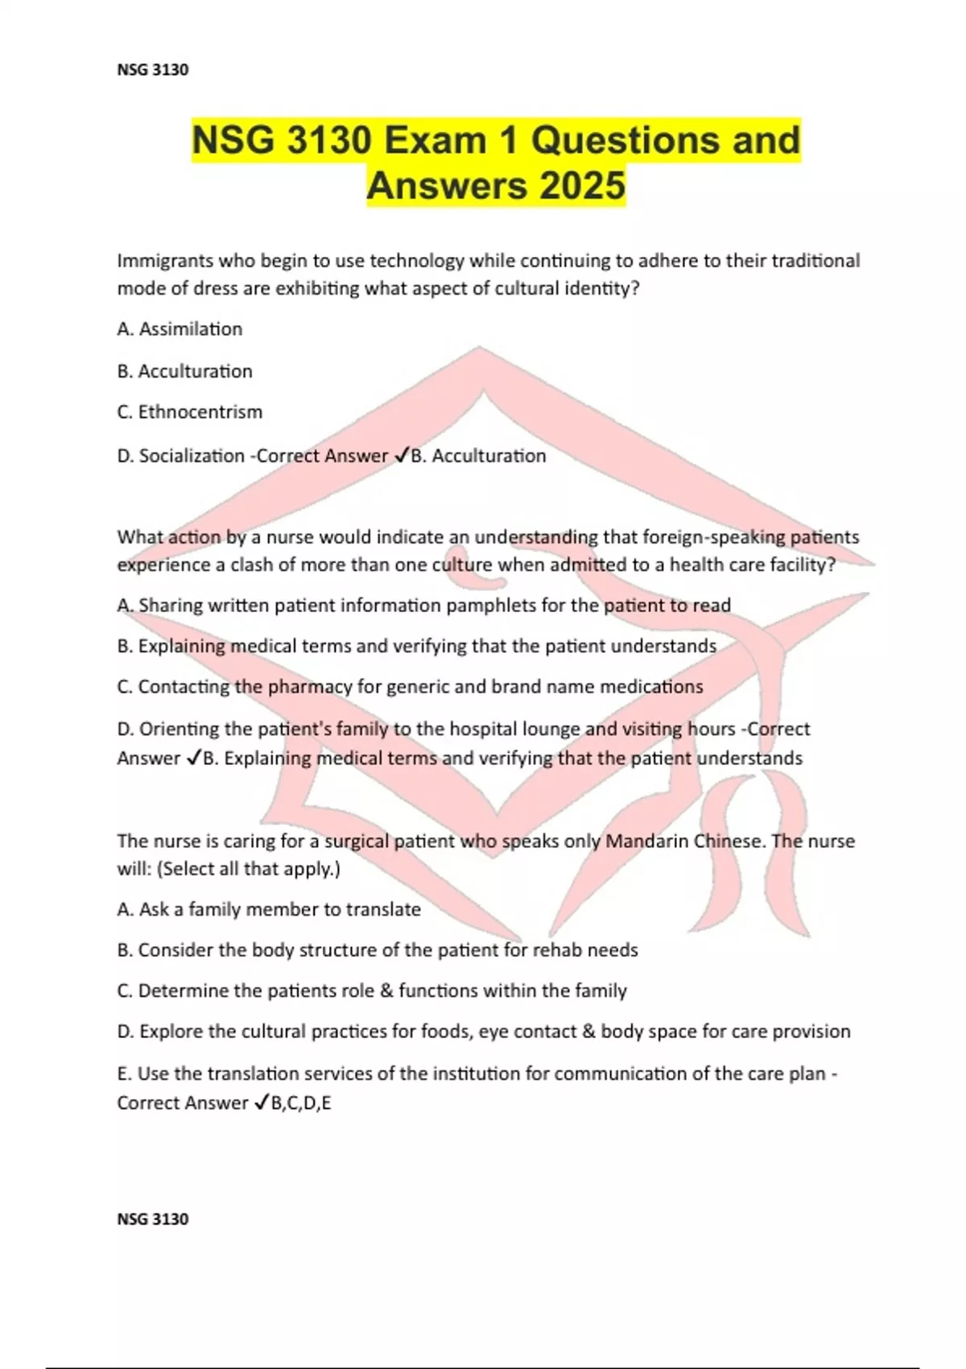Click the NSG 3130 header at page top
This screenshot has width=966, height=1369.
click(153, 70)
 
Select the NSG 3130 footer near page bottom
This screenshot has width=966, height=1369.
click(153, 1219)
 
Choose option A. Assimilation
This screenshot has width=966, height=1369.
click(180, 329)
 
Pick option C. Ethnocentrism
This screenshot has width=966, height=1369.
click(190, 412)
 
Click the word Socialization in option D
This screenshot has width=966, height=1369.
click(192, 456)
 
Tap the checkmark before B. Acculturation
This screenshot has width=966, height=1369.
click(402, 456)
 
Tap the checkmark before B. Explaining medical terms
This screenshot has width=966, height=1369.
click(193, 758)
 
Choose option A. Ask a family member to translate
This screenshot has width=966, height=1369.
click(269, 910)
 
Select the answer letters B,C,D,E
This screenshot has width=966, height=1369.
click(301, 1103)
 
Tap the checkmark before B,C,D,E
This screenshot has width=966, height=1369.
click(262, 1103)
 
